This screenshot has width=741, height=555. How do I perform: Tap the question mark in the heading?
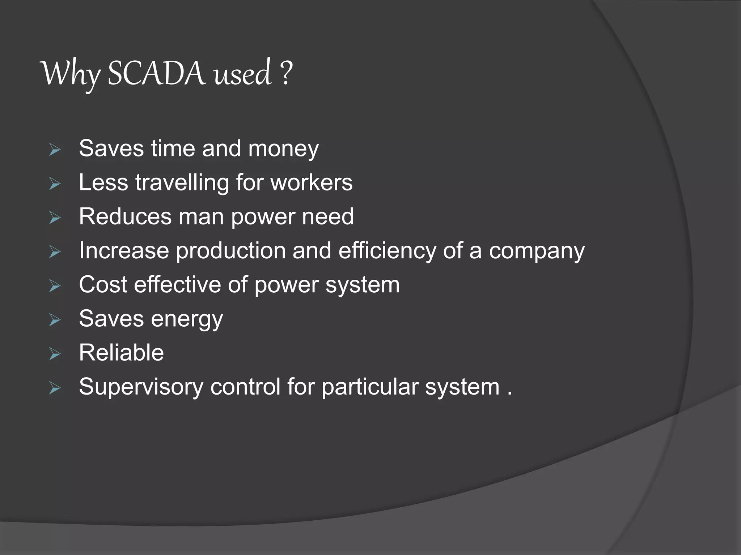tap(285, 73)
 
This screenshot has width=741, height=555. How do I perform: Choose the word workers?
tap(312, 182)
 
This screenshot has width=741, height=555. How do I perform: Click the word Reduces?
tap(125, 216)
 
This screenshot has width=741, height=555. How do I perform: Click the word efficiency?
tap(387, 250)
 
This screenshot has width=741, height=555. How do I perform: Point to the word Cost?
tap(103, 284)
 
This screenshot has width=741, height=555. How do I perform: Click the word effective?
tap(177, 284)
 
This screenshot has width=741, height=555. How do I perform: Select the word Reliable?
tap(121, 353)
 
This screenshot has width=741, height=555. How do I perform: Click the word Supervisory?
tap(141, 387)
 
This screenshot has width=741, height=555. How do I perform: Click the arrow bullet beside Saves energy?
tap(55, 320)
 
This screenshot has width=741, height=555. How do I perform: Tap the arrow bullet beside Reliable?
tap(55, 354)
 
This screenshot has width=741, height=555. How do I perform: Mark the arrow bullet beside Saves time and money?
tap(55, 150)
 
